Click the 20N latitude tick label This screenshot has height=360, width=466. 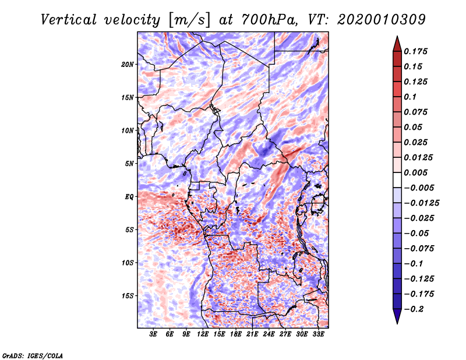[x=127, y=65]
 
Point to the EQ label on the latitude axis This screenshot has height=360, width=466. [x=129, y=197]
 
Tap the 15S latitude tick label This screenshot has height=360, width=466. [x=127, y=296]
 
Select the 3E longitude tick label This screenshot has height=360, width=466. [x=153, y=334]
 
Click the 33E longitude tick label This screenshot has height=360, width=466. [x=318, y=334]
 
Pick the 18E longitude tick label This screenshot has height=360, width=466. [x=236, y=334]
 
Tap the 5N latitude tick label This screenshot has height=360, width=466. [x=129, y=164]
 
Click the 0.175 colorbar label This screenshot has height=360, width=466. [x=415, y=51]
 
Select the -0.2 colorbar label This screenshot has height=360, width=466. [x=413, y=309]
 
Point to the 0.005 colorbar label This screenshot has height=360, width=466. [x=415, y=172]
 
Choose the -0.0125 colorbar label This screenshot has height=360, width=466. [x=421, y=203]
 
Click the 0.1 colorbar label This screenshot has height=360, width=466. [x=411, y=97]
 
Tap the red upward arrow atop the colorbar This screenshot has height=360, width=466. [x=397, y=44]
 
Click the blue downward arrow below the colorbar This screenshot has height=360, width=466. [x=397, y=316]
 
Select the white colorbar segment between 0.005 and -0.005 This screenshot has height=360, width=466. [x=397, y=180]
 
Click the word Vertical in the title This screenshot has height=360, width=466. [x=69, y=20]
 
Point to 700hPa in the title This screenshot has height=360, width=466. [x=269, y=20]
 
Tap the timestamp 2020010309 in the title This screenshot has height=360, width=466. [x=382, y=20]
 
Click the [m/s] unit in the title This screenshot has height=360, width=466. [x=189, y=20]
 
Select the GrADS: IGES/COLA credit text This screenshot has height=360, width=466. [x=33, y=355]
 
